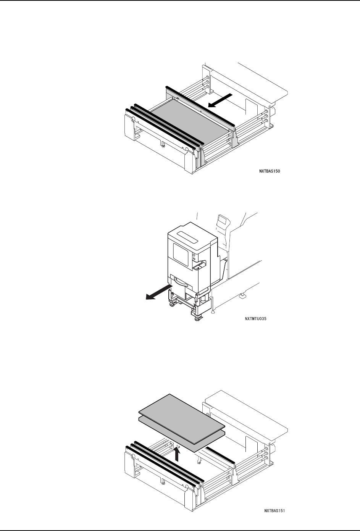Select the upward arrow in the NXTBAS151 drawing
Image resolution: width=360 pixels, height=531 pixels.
[x=177, y=454]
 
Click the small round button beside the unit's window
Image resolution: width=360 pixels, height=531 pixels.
[x=194, y=255]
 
